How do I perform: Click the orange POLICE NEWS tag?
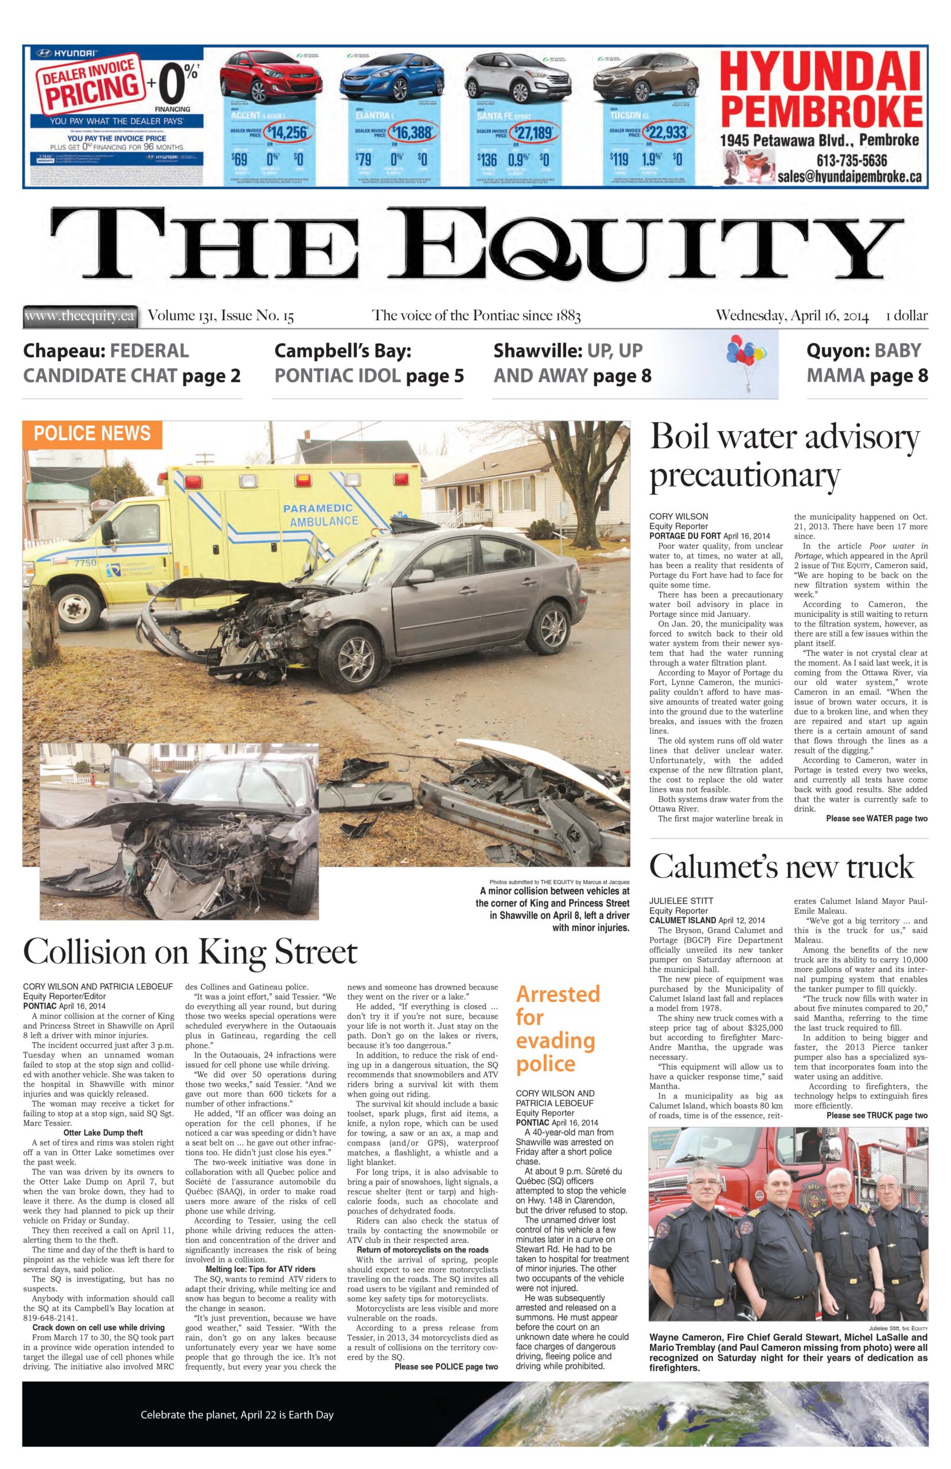(x=92, y=433)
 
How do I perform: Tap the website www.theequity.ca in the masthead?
(x=79, y=317)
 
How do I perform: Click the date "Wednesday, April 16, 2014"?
(x=792, y=317)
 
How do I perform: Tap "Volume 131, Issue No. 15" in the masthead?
(x=220, y=317)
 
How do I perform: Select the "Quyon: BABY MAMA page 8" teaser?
(x=867, y=363)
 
